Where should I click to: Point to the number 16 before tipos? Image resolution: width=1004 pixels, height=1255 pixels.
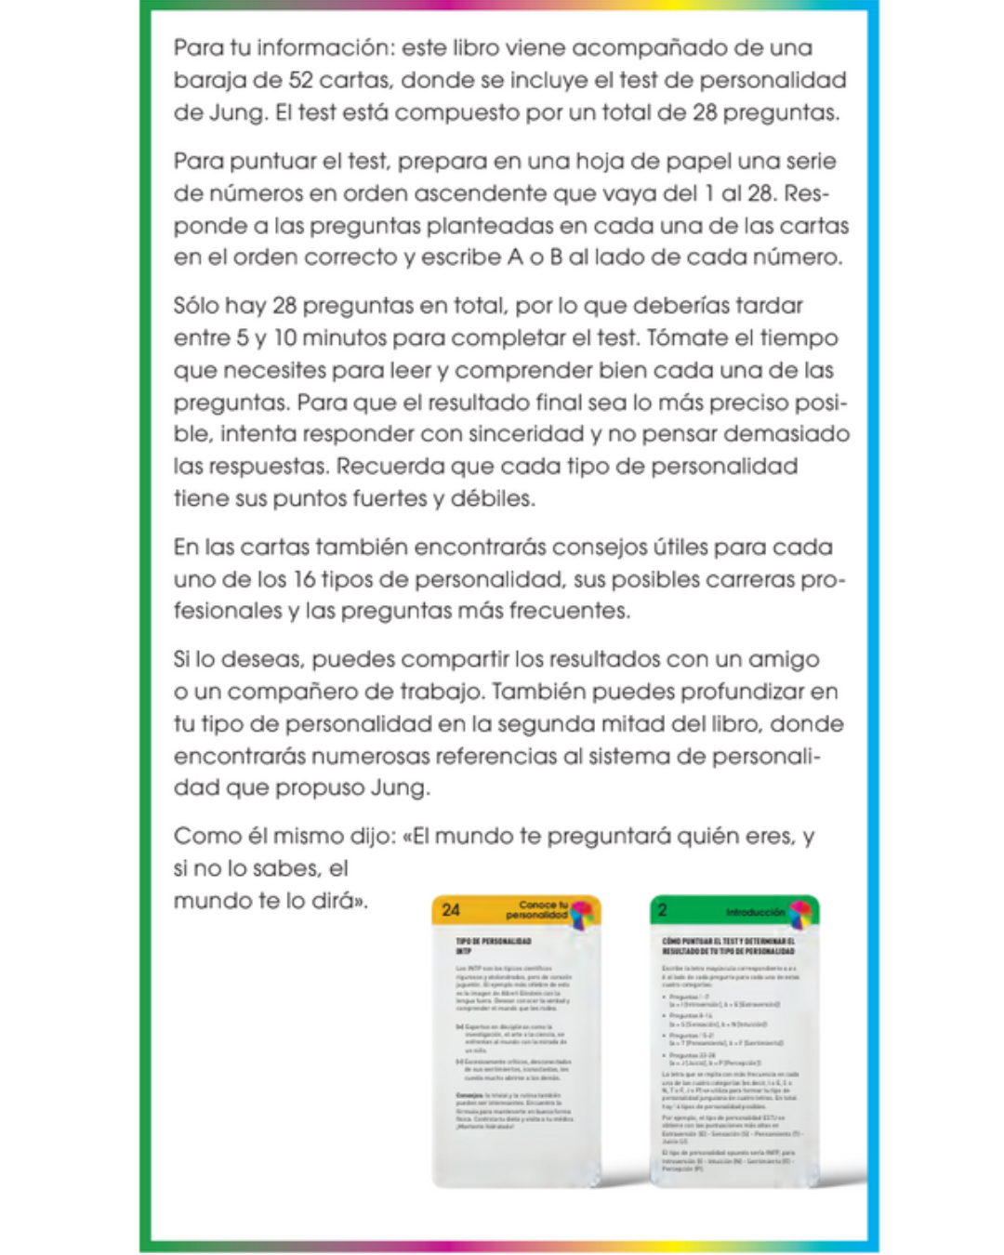pyautogui.click(x=304, y=580)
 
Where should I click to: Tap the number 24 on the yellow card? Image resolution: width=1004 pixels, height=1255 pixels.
pyautogui.click(x=451, y=910)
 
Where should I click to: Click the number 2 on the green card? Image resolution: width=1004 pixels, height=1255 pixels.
pyautogui.click(x=662, y=910)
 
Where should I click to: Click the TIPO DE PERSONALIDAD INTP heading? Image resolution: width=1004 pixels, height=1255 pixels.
pyautogui.click(x=493, y=945)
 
